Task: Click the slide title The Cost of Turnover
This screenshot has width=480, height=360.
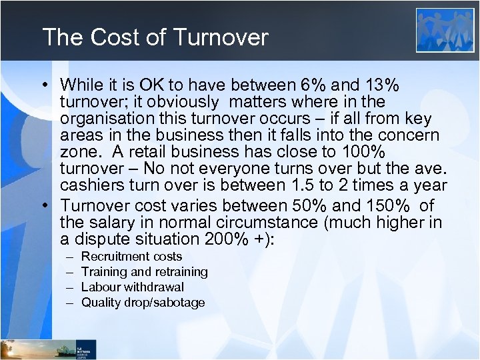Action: click(155, 37)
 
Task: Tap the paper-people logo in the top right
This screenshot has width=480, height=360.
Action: click(445, 30)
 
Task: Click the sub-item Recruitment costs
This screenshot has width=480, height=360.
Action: click(131, 257)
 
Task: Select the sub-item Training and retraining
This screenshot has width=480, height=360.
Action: click(144, 272)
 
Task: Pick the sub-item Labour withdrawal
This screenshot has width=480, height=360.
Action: click(133, 287)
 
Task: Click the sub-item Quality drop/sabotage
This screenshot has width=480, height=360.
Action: click(143, 303)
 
